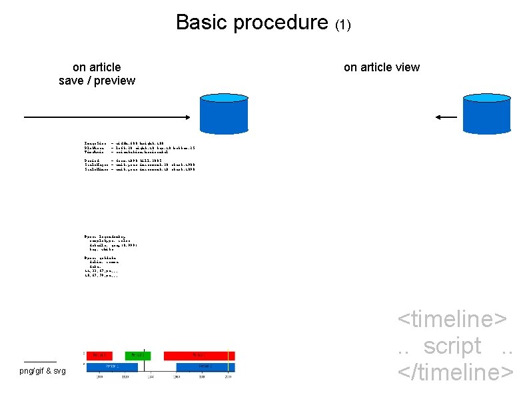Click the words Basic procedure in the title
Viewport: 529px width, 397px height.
[x=253, y=23]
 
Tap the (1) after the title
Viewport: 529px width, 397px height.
[x=342, y=25]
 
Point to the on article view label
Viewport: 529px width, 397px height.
[x=381, y=67]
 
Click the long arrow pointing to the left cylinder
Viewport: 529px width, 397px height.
[x=107, y=117]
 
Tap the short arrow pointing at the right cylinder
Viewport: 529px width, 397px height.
[x=446, y=117]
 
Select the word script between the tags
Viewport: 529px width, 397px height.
[x=452, y=346]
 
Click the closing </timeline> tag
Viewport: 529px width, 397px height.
[x=456, y=372]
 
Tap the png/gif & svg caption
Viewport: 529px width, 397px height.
[x=43, y=370]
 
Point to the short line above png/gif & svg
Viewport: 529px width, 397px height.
[x=39, y=361]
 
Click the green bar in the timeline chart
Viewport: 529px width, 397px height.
[x=138, y=356]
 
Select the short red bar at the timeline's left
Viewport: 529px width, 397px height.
[x=99, y=356]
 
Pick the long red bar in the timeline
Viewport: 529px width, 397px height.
[x=199, y=356]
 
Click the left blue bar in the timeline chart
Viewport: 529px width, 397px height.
[x=118, y=366]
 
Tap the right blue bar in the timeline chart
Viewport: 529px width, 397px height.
[x=205, y=366]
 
